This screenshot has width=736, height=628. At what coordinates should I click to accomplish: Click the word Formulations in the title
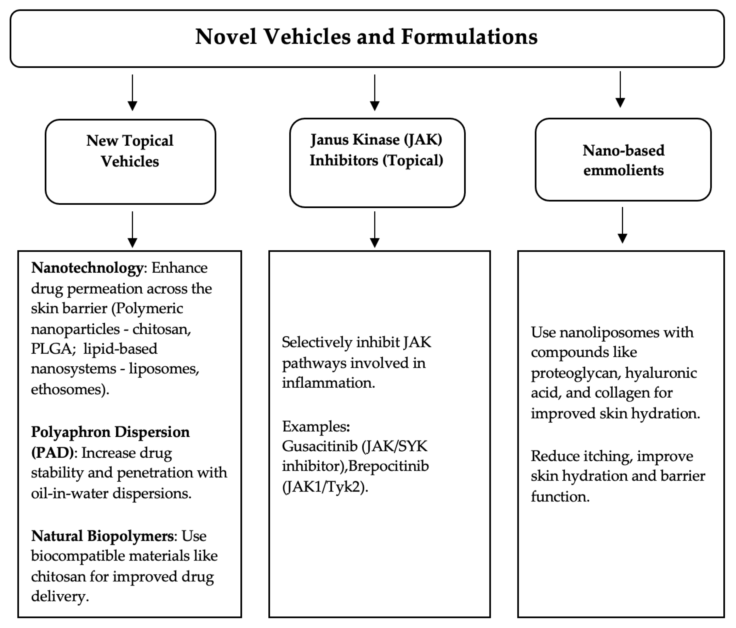469,37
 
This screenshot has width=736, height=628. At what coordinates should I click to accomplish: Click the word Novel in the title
226,37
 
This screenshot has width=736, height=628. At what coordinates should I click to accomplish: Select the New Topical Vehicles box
130,162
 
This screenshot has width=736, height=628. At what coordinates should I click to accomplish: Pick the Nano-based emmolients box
623,160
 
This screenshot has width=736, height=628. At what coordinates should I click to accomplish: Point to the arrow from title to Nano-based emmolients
620,89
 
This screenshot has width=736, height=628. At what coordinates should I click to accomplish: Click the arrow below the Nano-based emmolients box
622,225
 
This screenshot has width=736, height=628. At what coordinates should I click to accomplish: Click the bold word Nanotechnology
87,268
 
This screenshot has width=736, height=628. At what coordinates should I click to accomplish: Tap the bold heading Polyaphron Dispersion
110,432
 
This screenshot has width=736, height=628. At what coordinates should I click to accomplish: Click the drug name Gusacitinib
319,446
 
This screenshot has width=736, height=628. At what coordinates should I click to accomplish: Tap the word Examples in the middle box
315,426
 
